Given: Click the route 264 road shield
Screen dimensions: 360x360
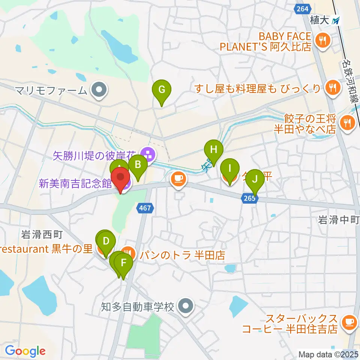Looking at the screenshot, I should (302, 9).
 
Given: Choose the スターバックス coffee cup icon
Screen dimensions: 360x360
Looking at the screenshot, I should (349, 321).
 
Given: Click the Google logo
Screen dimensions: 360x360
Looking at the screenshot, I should (25, 351).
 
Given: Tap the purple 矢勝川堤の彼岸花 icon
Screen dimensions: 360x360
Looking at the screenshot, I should (149, 154).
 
